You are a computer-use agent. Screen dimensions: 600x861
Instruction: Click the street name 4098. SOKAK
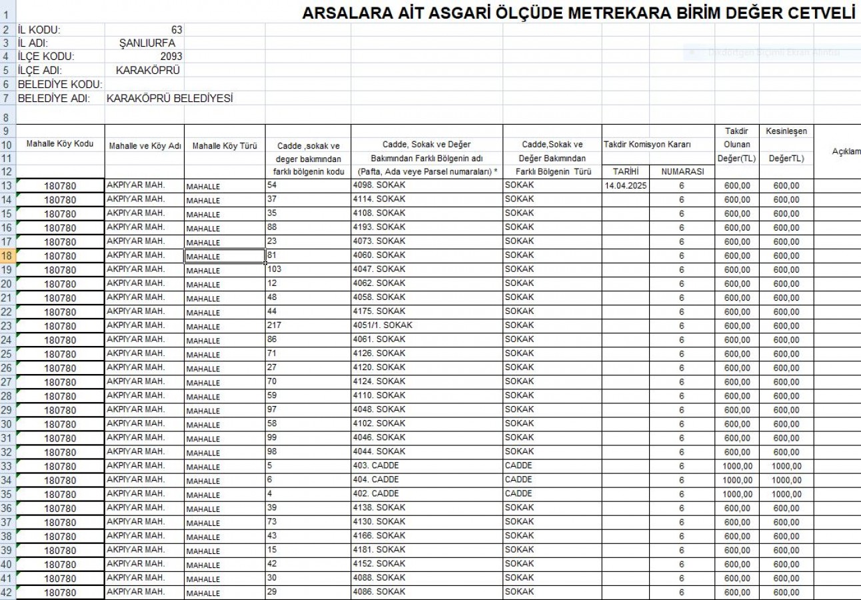pos(379,185)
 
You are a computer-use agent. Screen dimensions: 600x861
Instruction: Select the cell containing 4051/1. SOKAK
pos(383,325)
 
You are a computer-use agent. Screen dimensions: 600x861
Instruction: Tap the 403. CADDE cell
pos(376,465)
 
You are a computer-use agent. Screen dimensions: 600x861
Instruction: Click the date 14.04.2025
pos(626,185)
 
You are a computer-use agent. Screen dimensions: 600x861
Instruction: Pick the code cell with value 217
pos(274,325)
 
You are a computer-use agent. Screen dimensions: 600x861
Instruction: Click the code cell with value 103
pos(274,269)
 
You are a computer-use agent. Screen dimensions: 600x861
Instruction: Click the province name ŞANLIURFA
pos(147,43)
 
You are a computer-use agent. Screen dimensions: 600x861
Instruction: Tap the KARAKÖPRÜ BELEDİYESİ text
pos(170,99)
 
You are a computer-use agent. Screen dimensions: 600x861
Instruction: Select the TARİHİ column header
pos(626,171)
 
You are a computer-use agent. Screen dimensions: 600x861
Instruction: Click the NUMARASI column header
pos(682,171)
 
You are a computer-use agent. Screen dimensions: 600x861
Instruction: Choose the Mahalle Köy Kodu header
pos(60,144)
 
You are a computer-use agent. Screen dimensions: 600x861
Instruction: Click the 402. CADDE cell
pos(376,493)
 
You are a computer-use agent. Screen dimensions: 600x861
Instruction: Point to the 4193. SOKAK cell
pos(379,227)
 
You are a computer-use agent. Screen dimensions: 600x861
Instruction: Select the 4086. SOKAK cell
pos(379,591)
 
